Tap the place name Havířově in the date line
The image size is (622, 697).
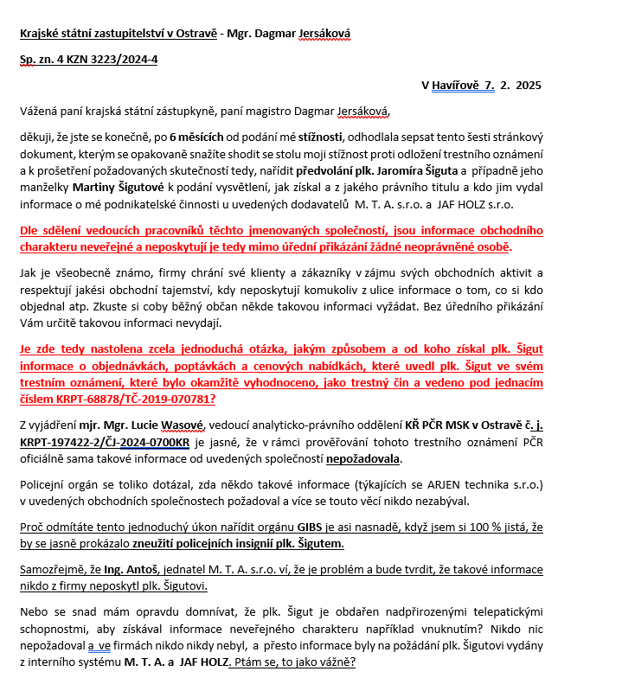(457, 85)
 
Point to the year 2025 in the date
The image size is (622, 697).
(528, 85)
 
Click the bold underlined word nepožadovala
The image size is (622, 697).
(363, 459)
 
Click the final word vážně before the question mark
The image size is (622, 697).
(330, 662)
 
